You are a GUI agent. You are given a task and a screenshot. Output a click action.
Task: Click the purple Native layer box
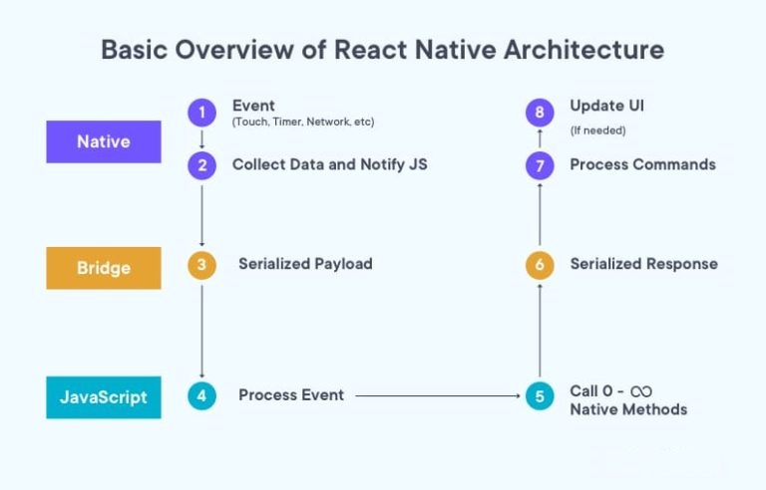coord(104,141)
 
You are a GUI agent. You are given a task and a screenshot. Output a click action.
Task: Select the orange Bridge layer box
coord(104,268)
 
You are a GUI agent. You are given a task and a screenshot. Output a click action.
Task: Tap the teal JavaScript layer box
coord(104,397)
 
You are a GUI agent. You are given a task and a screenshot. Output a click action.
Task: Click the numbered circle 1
coord(201,113)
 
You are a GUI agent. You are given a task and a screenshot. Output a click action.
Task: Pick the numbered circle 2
coord(201,165)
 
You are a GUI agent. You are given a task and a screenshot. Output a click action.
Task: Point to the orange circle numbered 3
coord(201,265)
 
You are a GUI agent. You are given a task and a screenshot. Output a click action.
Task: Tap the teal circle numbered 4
coord(201,395)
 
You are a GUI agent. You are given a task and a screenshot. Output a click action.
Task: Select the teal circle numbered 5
coord(540,395)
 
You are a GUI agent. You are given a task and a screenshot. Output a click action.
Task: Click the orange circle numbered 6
coord(540,265)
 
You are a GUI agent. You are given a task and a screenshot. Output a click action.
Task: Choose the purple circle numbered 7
coord(540,165)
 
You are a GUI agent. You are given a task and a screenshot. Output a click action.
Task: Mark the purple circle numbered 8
coord(540,113)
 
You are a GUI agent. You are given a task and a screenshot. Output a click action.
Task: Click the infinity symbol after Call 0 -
coord(641,391)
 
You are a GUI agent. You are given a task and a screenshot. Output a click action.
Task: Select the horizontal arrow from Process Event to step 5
coord(438,395)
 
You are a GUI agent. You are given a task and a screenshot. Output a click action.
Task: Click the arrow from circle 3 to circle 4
coord(201,332)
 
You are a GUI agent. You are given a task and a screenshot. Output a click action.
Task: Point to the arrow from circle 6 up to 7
coord(540,214)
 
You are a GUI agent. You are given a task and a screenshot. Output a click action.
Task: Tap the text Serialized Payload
coord(305,264)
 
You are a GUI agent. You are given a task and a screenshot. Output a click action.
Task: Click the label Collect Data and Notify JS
coord(330,164)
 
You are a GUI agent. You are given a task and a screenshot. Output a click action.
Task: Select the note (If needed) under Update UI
coord(598,130)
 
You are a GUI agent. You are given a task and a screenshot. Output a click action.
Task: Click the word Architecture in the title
coord(583,49)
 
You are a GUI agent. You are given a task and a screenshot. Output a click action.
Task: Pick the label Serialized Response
coord(644,264)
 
